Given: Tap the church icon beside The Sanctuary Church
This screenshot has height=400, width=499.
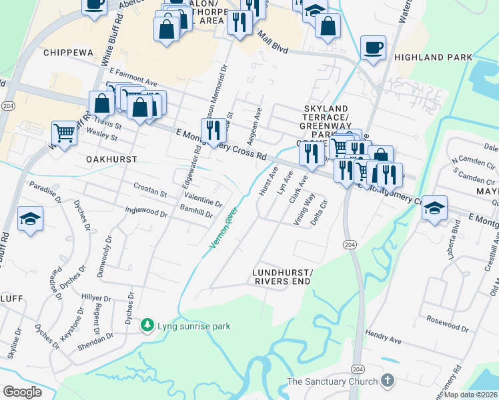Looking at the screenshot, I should [387, 381].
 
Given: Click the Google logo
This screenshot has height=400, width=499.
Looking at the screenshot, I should [22, 392].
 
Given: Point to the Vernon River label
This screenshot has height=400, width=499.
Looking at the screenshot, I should [223, 229].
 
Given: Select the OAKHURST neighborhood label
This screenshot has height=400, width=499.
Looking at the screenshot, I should [111, 159].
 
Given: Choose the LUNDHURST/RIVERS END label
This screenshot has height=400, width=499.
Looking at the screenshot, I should [282, 277].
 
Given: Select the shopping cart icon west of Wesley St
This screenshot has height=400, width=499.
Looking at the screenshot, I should [64, 133].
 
